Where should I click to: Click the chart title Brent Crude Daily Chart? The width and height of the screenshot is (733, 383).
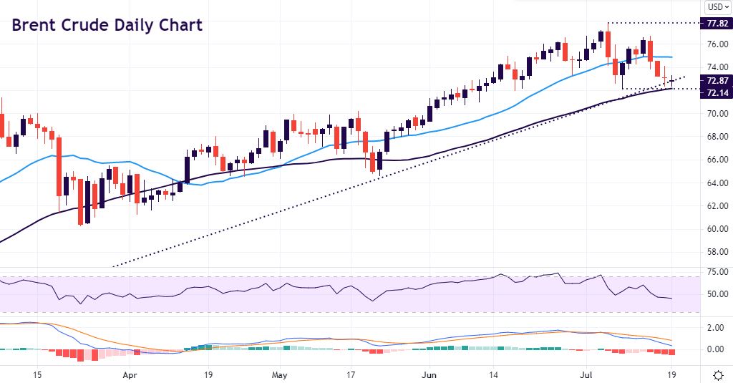click(107, 25)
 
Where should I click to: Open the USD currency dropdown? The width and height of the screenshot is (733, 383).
click(717, 8)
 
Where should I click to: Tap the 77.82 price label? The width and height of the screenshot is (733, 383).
click(717, 24)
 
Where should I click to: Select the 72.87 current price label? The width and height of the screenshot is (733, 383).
click(717, 81)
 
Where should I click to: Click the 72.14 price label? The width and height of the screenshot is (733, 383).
click(717, 93)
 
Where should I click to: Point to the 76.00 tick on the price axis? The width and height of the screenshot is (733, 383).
click(717, 44)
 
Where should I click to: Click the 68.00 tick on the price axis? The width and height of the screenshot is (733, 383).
click(717, 137)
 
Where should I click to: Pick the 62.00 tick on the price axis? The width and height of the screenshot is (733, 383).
click(717, 206)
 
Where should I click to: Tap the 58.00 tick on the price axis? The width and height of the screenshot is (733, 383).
click(717, 252)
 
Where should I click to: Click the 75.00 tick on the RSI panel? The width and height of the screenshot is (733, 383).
click(717, 272)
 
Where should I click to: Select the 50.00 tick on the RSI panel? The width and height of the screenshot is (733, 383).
click(717, 294)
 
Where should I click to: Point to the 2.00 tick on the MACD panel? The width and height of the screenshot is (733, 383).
click(717, 327)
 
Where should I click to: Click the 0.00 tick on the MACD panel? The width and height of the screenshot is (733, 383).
click(717, 349)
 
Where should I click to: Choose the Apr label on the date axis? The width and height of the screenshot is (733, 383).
click(130, 374)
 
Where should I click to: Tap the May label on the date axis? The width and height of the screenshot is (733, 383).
click(280, 374)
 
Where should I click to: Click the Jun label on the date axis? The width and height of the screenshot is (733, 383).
click(429, 374)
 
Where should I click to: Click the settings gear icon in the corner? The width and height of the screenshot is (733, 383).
click(718, 374)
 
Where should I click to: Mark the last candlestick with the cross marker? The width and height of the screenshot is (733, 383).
click(672, 81)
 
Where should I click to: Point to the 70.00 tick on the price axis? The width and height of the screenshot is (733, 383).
click(717, 114)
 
